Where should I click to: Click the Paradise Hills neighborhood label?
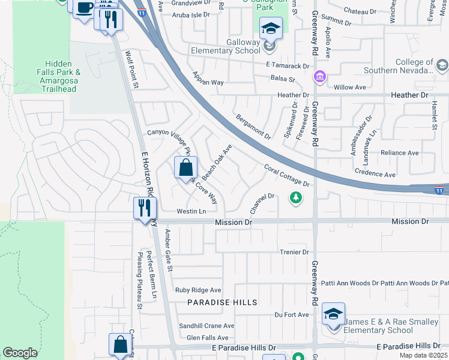point(222,302)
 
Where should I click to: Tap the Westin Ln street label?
point(191,211)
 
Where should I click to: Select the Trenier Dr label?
point(294,253)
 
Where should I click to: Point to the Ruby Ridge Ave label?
point(198,290)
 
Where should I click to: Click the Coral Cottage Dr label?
point(286,175)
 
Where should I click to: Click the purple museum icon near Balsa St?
point(319,77)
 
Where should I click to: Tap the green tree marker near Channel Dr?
point(295,197)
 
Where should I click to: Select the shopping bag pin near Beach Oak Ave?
point(185,167)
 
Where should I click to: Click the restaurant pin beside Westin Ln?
point(145,208)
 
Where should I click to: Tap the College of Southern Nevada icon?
point(442,65)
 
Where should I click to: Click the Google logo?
point(20,353)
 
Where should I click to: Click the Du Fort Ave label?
point(292,314)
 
